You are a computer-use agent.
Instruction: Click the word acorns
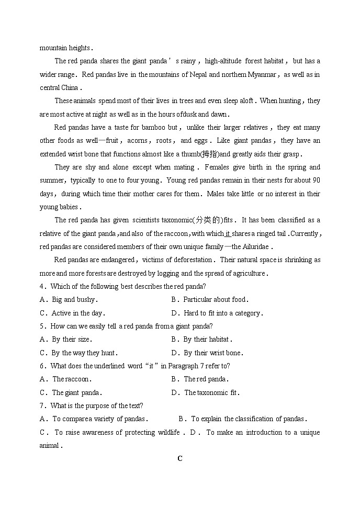pos(137,140)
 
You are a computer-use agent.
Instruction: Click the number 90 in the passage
pos(316,180)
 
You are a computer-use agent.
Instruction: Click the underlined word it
pos(228,233)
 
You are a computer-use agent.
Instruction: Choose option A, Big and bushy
pos(74,300)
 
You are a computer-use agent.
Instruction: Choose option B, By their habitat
pos(207,339)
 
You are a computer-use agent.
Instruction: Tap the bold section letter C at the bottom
pos(180,459)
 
